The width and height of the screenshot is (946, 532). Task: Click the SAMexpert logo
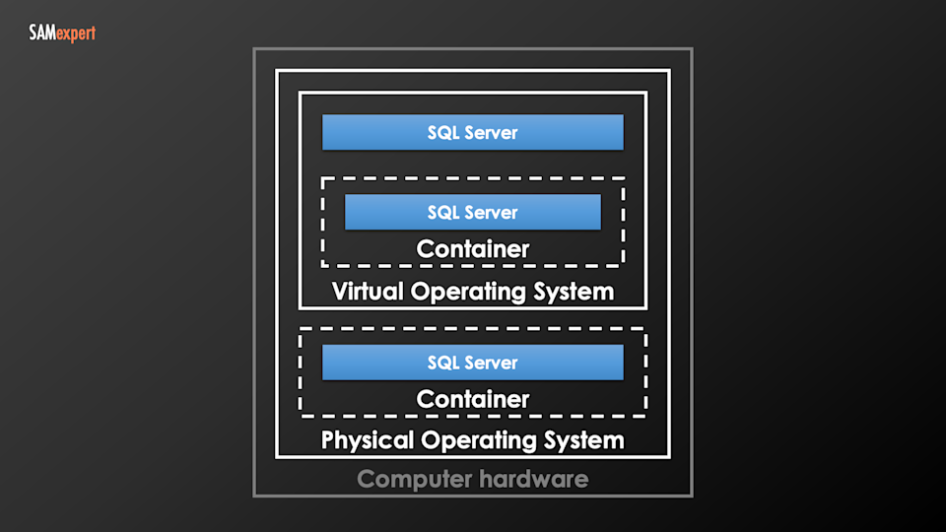pos(62,34)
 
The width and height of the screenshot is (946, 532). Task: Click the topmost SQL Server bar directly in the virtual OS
pos(473,132)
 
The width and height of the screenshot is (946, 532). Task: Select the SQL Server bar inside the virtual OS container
pos(473,212)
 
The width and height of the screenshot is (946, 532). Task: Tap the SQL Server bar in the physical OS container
pos(473,363)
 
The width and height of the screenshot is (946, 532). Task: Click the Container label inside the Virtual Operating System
pos(473,249)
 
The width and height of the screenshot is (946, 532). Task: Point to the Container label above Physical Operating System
pos(473,399)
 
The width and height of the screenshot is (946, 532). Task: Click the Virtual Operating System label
pos(473,292)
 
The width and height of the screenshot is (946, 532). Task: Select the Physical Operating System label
pos(473,439)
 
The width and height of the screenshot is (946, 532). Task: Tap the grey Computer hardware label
pos(473,480)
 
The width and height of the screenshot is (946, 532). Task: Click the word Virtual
pos(368,292)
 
